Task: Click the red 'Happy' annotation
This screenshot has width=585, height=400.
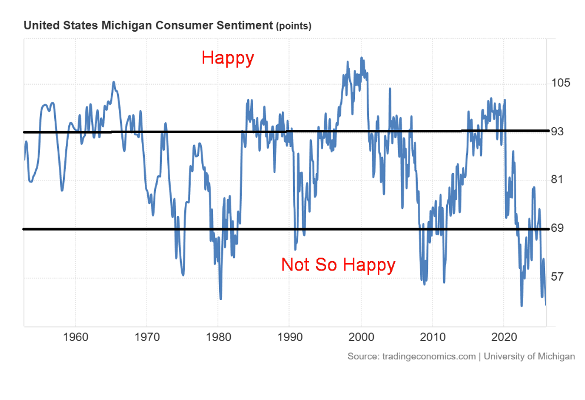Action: (x=228, y=58)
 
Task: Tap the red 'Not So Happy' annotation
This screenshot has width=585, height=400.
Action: (x=338, y=265)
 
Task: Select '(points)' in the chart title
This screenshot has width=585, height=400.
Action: (x=294, y=26)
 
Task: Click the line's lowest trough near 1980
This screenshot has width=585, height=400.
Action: (x=221, y=298)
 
